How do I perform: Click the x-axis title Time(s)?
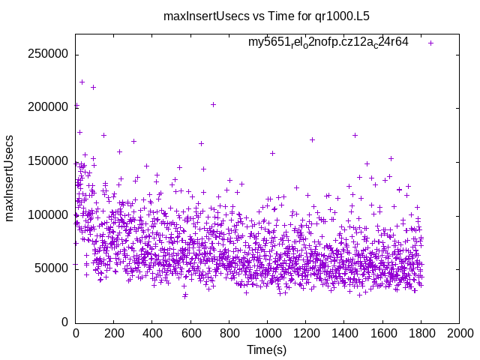[266, 349]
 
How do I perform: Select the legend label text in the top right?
[328, 42]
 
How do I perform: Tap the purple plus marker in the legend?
[430, 43]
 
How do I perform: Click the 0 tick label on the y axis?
[66, 322]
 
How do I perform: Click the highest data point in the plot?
[82, 82]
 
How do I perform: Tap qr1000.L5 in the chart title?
[342, 15]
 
